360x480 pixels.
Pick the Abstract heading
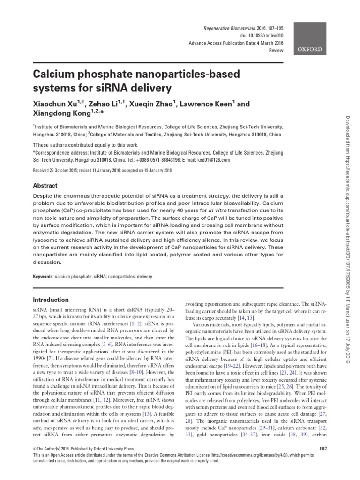(x=45, y=185)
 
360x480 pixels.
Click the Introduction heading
(x=51, y=300)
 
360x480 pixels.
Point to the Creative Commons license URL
(x=258, y=456)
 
